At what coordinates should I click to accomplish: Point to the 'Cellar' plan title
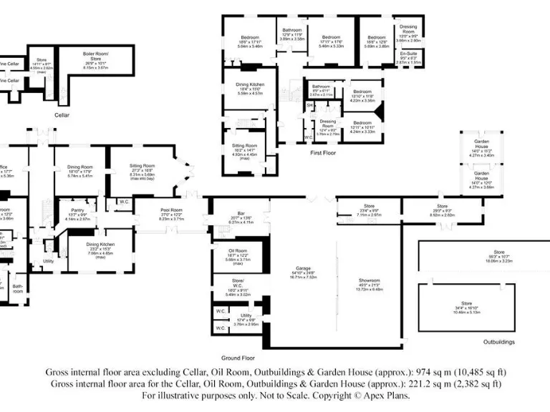[62, 114]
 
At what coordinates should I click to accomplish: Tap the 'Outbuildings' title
[498, 342]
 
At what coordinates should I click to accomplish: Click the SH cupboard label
[310, 105]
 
